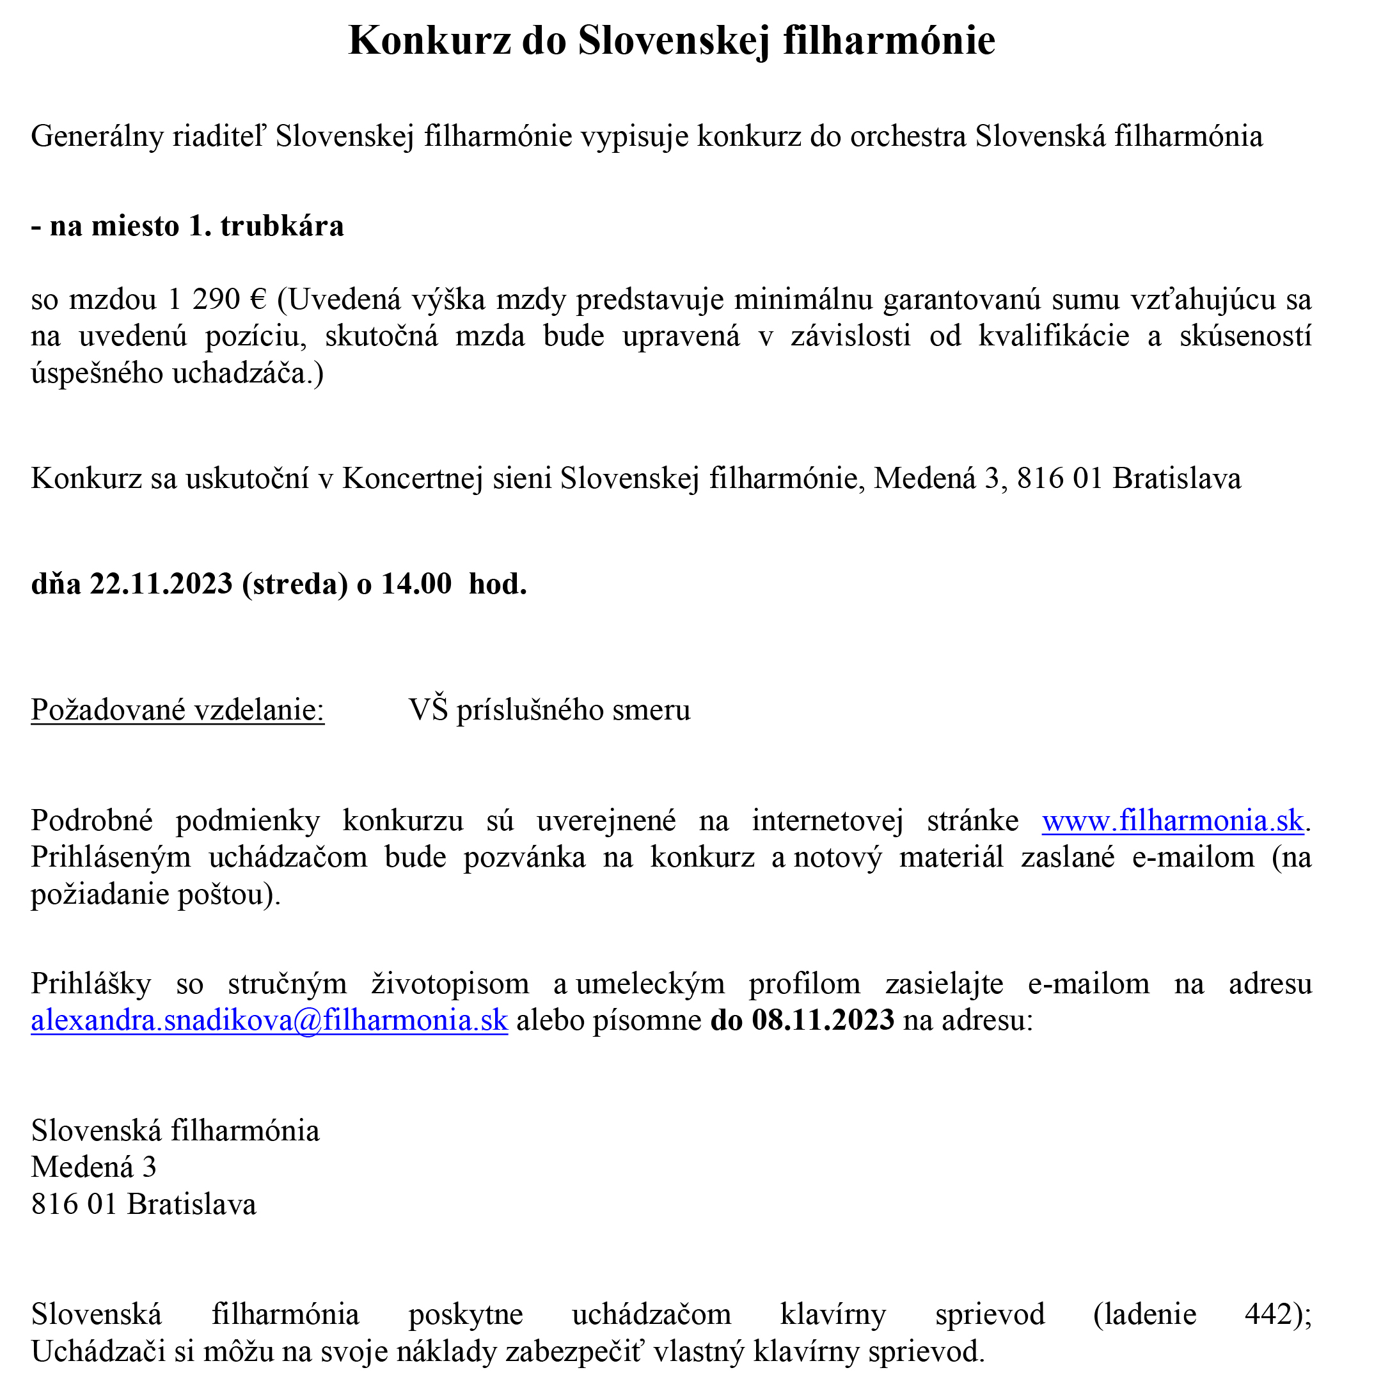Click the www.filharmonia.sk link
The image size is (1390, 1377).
coord(1172,821)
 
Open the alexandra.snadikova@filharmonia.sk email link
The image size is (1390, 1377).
coord(269,1020)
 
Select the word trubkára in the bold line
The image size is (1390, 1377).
coord(282,226)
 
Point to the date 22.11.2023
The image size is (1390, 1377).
coord(161,584)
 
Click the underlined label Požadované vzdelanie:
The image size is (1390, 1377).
coord(178,711)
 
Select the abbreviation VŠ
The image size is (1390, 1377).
coord(429,711)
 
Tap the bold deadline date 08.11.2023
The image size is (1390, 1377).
coord(823,1020)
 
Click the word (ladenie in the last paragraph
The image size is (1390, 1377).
coord(1144,1314)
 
